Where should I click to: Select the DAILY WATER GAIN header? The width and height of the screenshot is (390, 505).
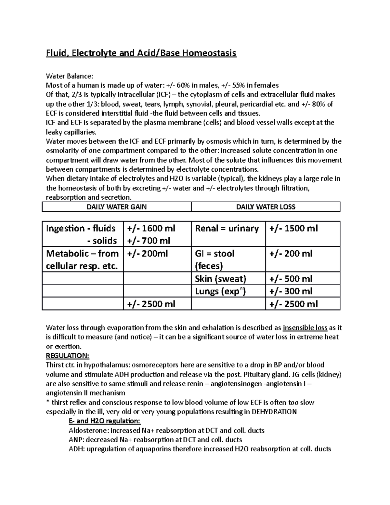(116, 207)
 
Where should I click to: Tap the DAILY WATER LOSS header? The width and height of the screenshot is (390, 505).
(266, 207)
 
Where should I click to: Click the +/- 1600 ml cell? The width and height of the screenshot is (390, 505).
(151, 228)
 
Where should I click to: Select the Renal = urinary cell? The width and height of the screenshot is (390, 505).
(227, 228)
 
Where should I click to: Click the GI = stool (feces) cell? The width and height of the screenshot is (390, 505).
(214, 259)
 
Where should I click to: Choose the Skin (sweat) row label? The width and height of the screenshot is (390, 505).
(220, 279)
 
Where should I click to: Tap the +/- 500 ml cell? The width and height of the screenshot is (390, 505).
(291, 279)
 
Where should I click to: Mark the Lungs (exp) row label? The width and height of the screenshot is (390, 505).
(220, 291)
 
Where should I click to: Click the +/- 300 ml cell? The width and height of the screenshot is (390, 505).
(291, 291)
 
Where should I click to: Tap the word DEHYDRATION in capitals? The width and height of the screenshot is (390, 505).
(274, 412)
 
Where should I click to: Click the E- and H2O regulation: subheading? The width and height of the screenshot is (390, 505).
(105, 421)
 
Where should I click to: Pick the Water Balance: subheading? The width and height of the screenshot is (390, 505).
(70, 76)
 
